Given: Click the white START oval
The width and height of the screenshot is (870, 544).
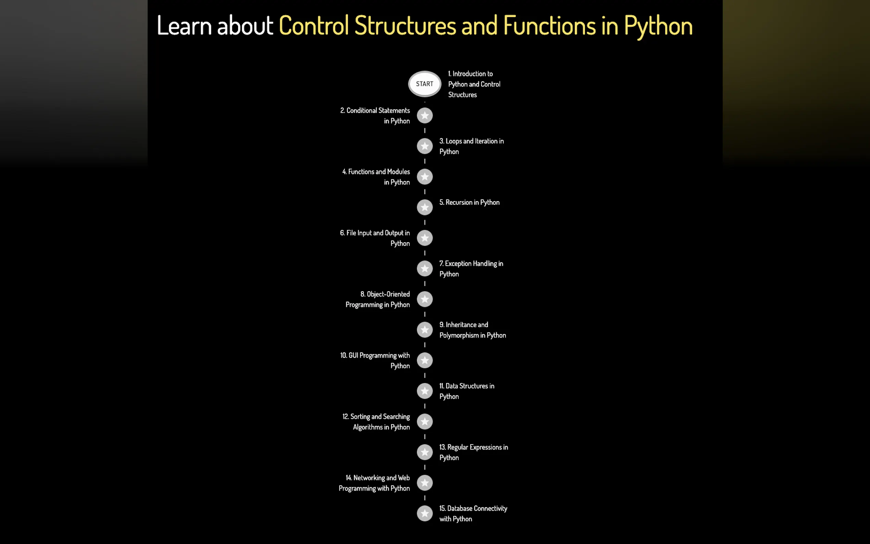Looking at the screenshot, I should pyautogui.click(x=424, y=84).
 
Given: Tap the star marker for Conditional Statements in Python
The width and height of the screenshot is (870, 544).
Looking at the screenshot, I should pyautogui.click(x=424, y=115).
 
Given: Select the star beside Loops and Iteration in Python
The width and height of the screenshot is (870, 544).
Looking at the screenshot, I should pyautogui.click(x=424, y=146).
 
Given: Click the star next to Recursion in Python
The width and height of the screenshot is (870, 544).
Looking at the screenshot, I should pyautogui.click(x=424, y=207).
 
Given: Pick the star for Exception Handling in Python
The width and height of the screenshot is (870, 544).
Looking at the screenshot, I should pyautogui.click(x=424, y=268).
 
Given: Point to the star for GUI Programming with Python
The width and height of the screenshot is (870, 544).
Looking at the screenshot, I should pyautogui.click(x=424, y=360).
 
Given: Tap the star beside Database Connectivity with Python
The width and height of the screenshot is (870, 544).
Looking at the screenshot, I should pyautogui.click(x=424, y=514).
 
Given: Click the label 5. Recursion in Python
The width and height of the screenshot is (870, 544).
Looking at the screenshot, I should pyautogui.click(x=469, y=202).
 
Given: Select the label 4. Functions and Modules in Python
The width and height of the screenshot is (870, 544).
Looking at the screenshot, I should pyautogui.click(x=376, y=177).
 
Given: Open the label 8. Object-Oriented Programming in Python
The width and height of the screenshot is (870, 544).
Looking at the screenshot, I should pyautogui.click(x=378, y=299).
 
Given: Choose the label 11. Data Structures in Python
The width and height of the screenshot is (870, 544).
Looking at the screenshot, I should pyautogui.click(x=467, y=391).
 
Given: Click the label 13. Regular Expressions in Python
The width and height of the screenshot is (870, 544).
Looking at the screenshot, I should pyautogui.click(x=473, y=452).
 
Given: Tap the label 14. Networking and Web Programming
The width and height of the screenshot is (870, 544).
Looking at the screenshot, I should pyautogui.click(x=374, y=483).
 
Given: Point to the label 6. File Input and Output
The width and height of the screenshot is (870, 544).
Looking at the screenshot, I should pyautogui.click(x=375, y=238).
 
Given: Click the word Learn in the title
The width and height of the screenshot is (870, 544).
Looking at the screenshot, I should pyautogui.click(x=184, y=26).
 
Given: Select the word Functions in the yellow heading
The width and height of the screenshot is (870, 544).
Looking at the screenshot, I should pyautogui.click(x=549, y=26).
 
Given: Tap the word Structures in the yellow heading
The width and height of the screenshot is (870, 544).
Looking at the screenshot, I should pyautogui.click(x=405, y=26).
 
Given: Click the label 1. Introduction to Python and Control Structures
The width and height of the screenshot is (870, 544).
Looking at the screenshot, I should pyautogui.click(x=474, y=84).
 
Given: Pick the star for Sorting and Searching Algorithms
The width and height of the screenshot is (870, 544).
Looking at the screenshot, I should pyautogui.click(x=424, y=422).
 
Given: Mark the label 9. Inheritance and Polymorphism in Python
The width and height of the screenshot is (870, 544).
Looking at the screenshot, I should pyautogui.click(x=472, y=330).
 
